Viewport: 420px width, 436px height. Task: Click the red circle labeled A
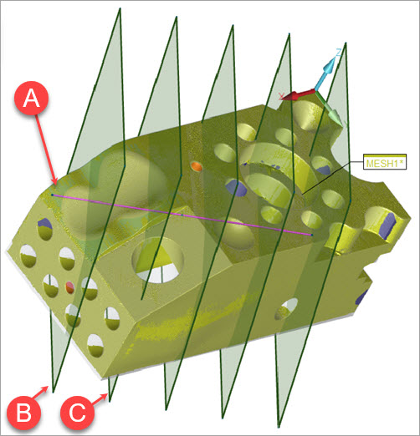click(32, 98)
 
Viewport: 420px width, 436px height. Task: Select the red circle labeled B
click(24, 413)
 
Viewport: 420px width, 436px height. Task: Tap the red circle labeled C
click(77, 413)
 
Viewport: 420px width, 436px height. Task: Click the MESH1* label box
click(385, 161)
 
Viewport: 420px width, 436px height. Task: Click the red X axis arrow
click(298, 95)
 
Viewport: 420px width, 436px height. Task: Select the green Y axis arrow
click(329, 108)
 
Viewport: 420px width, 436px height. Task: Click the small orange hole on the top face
click(197, 166)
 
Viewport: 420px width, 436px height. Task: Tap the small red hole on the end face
click(69, 287)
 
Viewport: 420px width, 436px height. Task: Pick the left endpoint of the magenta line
click(52, 195)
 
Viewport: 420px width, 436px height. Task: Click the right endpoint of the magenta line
click(311, 235)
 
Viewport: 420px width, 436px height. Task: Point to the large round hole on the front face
click(158, 261)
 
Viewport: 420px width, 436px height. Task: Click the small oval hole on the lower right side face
click(286, 309)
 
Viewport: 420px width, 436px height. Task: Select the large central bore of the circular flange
click(269, 189)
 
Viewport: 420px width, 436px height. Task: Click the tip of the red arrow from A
click(56, 185)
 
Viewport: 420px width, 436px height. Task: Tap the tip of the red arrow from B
click(48, 387)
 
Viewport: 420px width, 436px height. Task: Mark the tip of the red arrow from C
click(108, 393)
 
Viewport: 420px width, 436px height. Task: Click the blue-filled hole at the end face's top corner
click(44, 224)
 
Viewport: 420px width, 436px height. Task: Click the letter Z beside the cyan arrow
click(338, 52)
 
